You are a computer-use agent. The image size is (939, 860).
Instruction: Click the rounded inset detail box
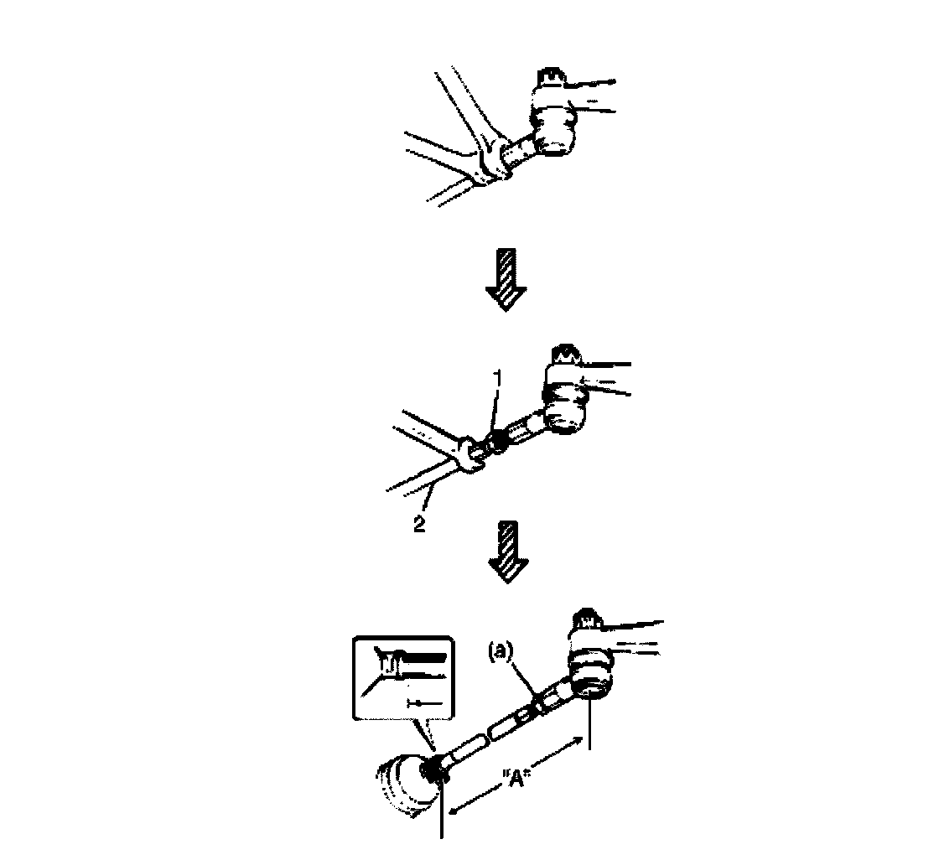[404, 678]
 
